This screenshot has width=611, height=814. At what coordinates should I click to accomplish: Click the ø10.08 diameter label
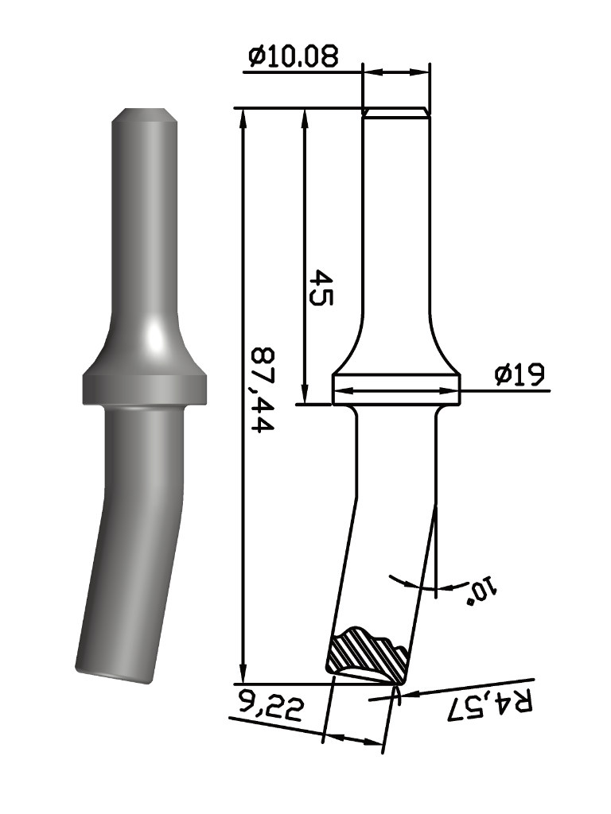point(294,56)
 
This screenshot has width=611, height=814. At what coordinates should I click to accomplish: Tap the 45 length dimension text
point(320,286)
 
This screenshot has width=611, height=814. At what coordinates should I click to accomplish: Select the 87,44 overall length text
point(263,390)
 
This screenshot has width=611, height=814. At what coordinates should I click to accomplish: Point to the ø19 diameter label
point(520,374)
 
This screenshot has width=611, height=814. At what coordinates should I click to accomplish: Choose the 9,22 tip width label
point(271,704)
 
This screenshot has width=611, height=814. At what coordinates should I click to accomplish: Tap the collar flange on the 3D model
point(145,389)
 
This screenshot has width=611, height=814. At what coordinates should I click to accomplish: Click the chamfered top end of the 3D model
point(145,114)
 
